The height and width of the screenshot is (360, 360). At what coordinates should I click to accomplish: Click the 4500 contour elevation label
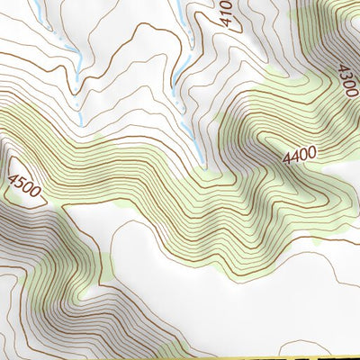pyautogui.click(x=24, y=185)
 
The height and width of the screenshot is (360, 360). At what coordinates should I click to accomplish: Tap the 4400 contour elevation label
pyautogui.click(x=299, y=156)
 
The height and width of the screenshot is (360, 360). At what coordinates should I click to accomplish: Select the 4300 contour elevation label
pyautogui.click(x=346, y=78)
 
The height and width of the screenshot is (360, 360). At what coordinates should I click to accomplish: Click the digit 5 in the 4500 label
pyautogui.click(x=20, y=182)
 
